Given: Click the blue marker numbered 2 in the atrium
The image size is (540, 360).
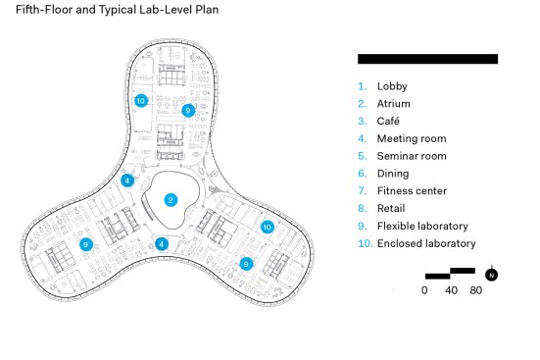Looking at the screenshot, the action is click(171, 200).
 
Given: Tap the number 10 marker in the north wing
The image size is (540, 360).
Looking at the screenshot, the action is click(141, 101).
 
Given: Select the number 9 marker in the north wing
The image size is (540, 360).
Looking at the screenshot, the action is click(188, 110).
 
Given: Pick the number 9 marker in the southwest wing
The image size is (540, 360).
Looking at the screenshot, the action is click(86, 244).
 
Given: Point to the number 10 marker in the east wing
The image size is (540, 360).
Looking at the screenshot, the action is click(267, 227).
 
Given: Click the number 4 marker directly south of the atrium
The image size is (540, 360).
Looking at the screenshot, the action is click(161, 244).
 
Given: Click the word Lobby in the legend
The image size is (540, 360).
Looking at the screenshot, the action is click(392, 86).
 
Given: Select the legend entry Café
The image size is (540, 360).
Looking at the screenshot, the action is click(388, 121).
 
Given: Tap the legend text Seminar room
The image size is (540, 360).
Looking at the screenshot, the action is click(412, 156).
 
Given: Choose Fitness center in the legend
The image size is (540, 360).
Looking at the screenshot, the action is click(412, 190).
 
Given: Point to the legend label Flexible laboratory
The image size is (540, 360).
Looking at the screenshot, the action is click(422, 226).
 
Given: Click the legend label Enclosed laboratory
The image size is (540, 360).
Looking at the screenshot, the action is click(426, 243).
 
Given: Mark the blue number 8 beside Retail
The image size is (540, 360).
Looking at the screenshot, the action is click(362, 208).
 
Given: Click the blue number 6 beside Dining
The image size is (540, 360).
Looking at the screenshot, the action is click(362, 174).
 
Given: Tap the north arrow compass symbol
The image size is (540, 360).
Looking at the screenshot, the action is click(491, 275).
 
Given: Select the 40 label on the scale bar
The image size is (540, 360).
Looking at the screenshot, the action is click(451, 290).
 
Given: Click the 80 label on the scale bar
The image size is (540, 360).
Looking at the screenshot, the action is click(476, 290).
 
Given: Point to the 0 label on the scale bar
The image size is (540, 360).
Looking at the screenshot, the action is click(424, 290).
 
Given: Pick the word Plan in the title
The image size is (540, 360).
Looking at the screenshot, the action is click(207, 9).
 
